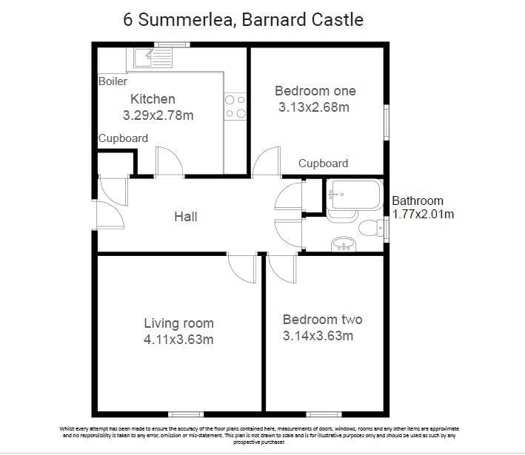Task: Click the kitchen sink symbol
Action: pos(153,58)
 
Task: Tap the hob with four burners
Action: pos(235,107)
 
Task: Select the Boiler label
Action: pos(113,81)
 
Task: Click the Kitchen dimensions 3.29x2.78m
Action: pos(158,115)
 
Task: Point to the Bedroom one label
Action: pos(315,91)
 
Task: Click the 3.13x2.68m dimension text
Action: pos(314,107)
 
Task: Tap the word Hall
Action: pos(186,217)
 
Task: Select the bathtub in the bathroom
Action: pos(355,195)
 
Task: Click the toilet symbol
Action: pos(371,228)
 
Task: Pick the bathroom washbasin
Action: pos(343,244)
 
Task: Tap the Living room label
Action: pos(178,323)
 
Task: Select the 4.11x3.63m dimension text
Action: pos(178,340)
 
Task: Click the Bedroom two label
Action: pos(322,320)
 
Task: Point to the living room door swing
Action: pos(241,269)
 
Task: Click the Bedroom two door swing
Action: pos(282,269)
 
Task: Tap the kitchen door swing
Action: pos(170,161)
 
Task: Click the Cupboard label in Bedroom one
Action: pos(323,164)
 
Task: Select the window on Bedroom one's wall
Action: pos(387,122)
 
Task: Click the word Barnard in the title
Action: pos(272,19)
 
